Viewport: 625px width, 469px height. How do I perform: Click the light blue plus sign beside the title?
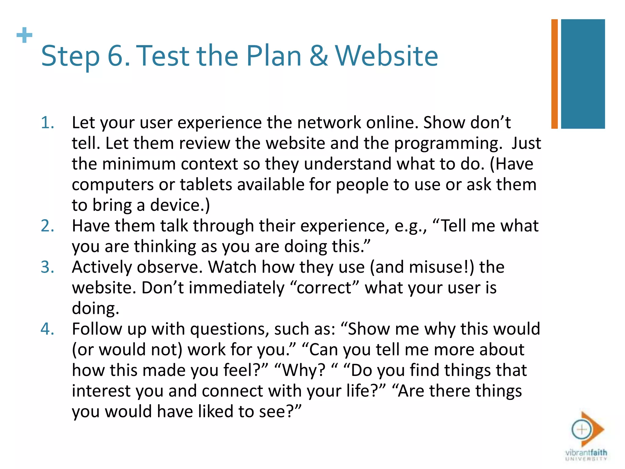(24, 35)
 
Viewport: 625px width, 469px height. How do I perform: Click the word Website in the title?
(386, 56)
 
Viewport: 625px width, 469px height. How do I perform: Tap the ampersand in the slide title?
(318, 56)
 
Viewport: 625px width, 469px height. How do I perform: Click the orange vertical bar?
(554, 74)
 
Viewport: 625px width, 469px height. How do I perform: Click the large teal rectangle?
(583, 74)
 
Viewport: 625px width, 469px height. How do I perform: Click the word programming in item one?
(448, 144)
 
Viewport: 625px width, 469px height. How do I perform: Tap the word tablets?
(206, 185)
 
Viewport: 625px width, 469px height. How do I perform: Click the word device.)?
(180, 205)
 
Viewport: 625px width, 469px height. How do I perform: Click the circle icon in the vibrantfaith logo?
(581, 430)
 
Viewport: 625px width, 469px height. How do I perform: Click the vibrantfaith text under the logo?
(586, 453)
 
